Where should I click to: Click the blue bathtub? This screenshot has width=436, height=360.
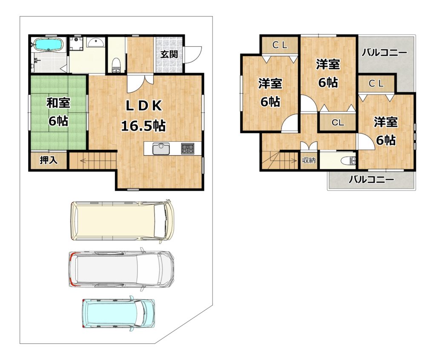[49, 45]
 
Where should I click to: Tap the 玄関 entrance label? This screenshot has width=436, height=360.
[169, 54]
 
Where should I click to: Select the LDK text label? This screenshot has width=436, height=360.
[144, 106]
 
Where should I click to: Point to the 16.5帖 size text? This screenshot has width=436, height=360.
[143, 126]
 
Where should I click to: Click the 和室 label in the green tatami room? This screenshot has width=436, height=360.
[58, 103]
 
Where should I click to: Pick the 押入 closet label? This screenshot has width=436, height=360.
[49, 160]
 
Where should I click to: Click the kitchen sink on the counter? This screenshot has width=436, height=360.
[161, 149]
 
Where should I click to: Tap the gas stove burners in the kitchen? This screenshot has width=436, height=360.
[188, 149]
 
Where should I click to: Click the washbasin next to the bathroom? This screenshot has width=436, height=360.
[95, 42]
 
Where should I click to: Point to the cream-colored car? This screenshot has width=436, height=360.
[122, 220]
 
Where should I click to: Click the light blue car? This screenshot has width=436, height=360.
[118, 313]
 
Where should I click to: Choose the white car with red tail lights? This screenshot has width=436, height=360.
[121, 269]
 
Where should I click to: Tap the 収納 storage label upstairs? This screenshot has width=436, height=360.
[309, 160]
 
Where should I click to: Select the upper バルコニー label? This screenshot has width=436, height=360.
[384, 52]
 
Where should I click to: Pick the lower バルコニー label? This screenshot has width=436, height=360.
[371, 180]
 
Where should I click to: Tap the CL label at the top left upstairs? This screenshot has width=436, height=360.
[280, 45]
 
